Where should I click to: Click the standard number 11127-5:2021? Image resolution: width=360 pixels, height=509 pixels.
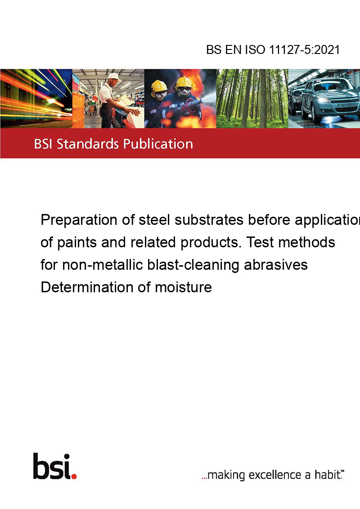(x=305, y=49)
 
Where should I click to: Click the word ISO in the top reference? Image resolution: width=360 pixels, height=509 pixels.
(x=255, y=49)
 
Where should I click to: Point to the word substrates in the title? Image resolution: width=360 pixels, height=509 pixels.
(x=209, y=220)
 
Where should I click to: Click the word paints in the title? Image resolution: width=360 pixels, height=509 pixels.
(x=77, y=242)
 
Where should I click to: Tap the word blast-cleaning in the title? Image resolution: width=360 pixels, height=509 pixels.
(x=193, y=264)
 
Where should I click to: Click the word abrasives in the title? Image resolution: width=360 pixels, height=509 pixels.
(x=276, y=265)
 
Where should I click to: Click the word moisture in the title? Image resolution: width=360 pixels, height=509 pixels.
(x=183, y=287)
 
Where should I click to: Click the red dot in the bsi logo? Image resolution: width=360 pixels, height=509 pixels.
(x=74, y=476)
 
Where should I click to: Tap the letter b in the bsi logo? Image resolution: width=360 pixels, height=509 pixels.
(x=40, y=466)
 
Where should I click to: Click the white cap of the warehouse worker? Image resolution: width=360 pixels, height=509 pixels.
(x=114, y=76)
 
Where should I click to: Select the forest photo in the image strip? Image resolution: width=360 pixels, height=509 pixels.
(x=252, y=98)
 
